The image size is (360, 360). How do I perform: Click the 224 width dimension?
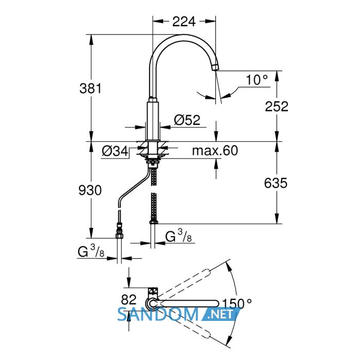click(x=184, y=22)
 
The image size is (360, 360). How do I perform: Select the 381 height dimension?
click(x=90, y=88)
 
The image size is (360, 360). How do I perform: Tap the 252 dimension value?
click(x=277, y=106)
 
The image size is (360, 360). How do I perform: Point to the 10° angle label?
click(x=257, y=80)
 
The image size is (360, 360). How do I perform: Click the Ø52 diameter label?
click(x=187, y=120)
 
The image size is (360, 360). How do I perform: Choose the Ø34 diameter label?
click(x=115, y=151)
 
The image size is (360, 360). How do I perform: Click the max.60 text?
click(x=215, y=151)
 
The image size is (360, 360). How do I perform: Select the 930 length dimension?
click(x=90, y=190)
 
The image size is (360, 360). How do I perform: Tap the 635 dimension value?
click(x=276, y=183)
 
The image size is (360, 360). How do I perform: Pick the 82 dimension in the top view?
click(x=129, y=299)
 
